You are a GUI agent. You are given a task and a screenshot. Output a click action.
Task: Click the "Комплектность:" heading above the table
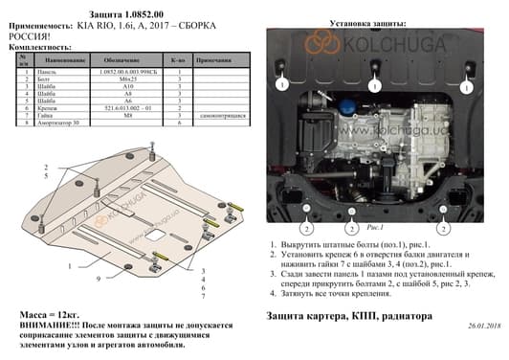coord(36,45)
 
